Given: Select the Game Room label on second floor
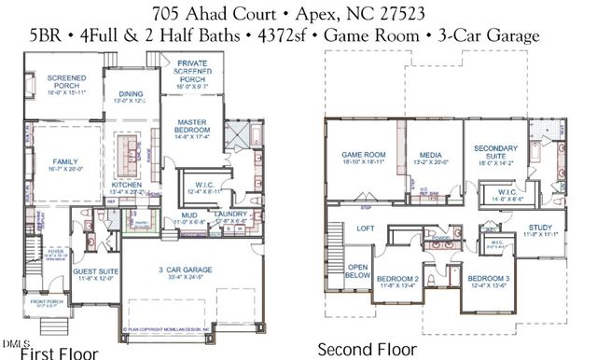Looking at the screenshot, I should pos(363,156).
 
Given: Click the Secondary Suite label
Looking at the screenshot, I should pos(495,152).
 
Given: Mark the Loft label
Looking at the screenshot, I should pos(366,228).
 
